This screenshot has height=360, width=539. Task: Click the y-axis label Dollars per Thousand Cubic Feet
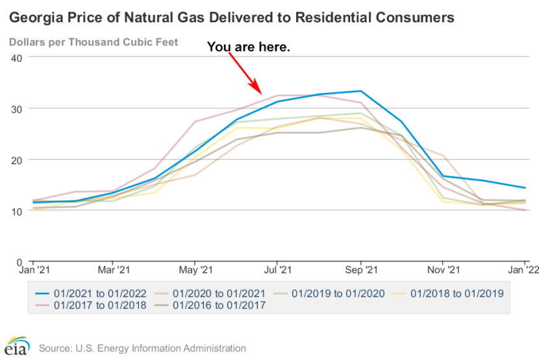[94, 43]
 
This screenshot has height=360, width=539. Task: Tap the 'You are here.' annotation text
[249, 47]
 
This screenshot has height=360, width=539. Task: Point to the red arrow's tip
[261, 94]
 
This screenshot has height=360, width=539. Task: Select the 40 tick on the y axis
[18, 57]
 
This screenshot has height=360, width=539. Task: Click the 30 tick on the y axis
[18, 109]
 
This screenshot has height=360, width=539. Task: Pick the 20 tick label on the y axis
[18, 160]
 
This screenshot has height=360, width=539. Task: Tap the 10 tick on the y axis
[18, 211]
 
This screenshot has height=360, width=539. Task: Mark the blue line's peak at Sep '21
[361, 91]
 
